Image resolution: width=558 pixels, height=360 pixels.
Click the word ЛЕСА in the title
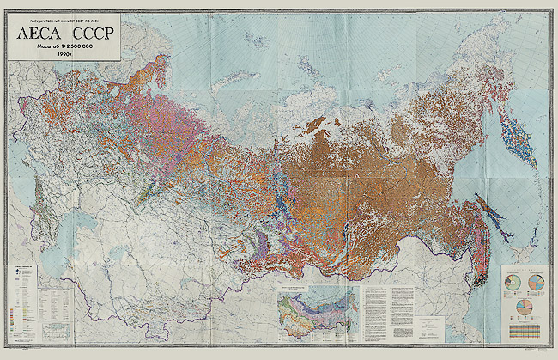(x=33, y=36)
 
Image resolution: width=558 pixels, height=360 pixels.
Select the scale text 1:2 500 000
(x=75, y=47)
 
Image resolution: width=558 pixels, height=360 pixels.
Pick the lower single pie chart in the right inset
(x=525, y=306)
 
